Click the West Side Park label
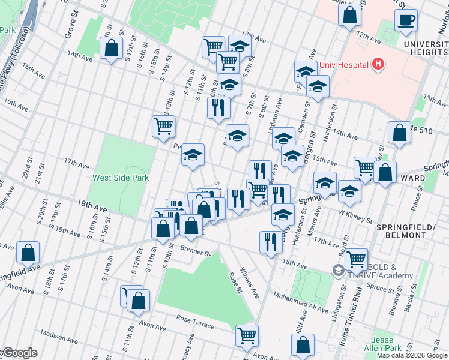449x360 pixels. tap(120, 178)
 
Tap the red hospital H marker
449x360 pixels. tap(378, 63)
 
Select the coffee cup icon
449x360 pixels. tap(406, 19)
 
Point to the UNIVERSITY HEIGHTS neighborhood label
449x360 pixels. tap(426, 49)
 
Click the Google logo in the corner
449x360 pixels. tap(19, 353)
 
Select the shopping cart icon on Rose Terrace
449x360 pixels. tap(247, 335)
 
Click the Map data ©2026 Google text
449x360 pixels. tap(412, 355)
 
